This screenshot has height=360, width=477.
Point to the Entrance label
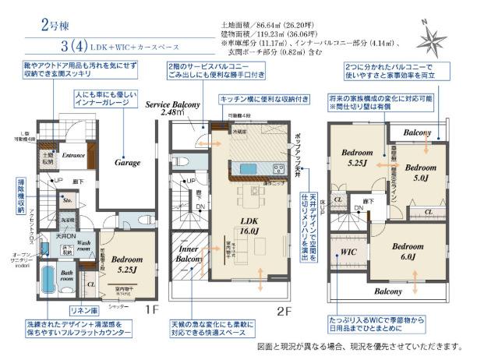(x=73, y=154)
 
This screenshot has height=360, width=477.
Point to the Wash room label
(x=87, y=246)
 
